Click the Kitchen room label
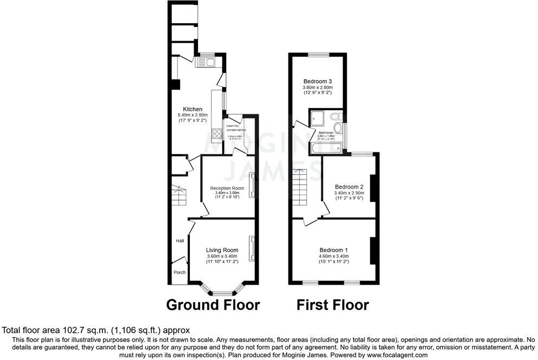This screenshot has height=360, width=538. coord(193,109)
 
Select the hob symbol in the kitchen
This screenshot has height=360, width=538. coord(217,133)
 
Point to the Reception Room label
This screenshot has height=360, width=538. coord(227,188)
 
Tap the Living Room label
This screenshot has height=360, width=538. coord(222,250)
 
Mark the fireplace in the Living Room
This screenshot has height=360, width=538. coord(252,249)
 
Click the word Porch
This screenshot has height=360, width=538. coord(179,273)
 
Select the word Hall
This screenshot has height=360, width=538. coord(179,241)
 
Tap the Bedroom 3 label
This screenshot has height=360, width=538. coord(317,81)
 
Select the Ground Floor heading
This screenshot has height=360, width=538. coord(212,305)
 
